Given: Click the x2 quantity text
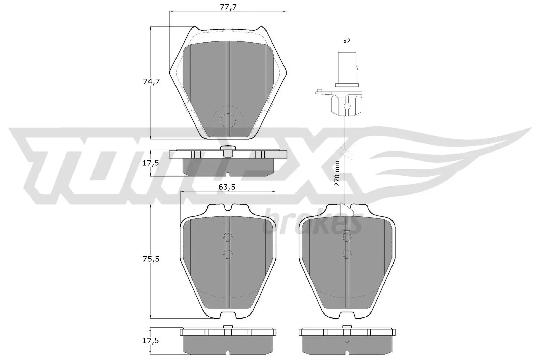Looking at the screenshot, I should tap(347, 41).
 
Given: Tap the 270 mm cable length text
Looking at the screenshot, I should tap(337, 173).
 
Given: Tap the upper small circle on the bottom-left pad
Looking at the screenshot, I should tap(228, 237).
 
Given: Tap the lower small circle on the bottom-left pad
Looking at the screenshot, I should tap(228, 254).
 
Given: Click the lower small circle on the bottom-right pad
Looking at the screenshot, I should tap(347, 254).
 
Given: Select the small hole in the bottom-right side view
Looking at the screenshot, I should tap(347, 341).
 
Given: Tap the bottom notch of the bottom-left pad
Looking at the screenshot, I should tap(228, 315).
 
